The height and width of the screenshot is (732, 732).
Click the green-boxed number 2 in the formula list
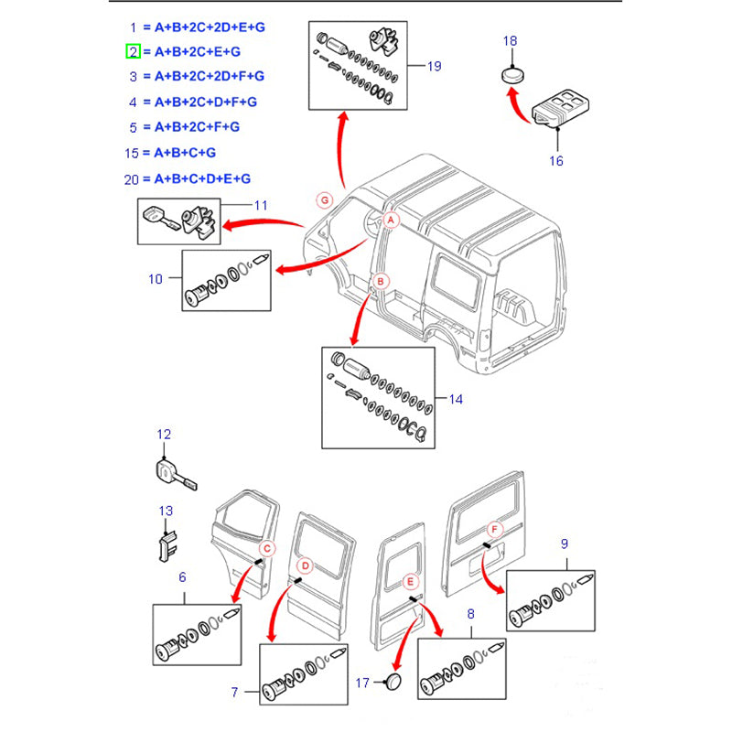[133, 52]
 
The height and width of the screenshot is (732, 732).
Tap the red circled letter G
[323, 199]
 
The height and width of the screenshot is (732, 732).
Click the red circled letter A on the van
[391, 220]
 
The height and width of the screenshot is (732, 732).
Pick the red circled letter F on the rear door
[494, 530]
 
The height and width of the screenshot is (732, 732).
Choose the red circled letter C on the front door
[266, 549]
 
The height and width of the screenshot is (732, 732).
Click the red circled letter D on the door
[307, 566]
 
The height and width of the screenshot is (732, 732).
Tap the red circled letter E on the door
[411, 580]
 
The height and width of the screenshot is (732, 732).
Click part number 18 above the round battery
[511, 41]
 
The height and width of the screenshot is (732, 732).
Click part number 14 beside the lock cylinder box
[457, 399]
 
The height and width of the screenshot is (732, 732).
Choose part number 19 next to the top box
[434, 66]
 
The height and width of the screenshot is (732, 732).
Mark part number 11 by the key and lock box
[261, 205]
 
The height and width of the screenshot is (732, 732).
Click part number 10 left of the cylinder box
[156, 278]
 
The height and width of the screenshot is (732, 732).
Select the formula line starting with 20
[188, 178]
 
